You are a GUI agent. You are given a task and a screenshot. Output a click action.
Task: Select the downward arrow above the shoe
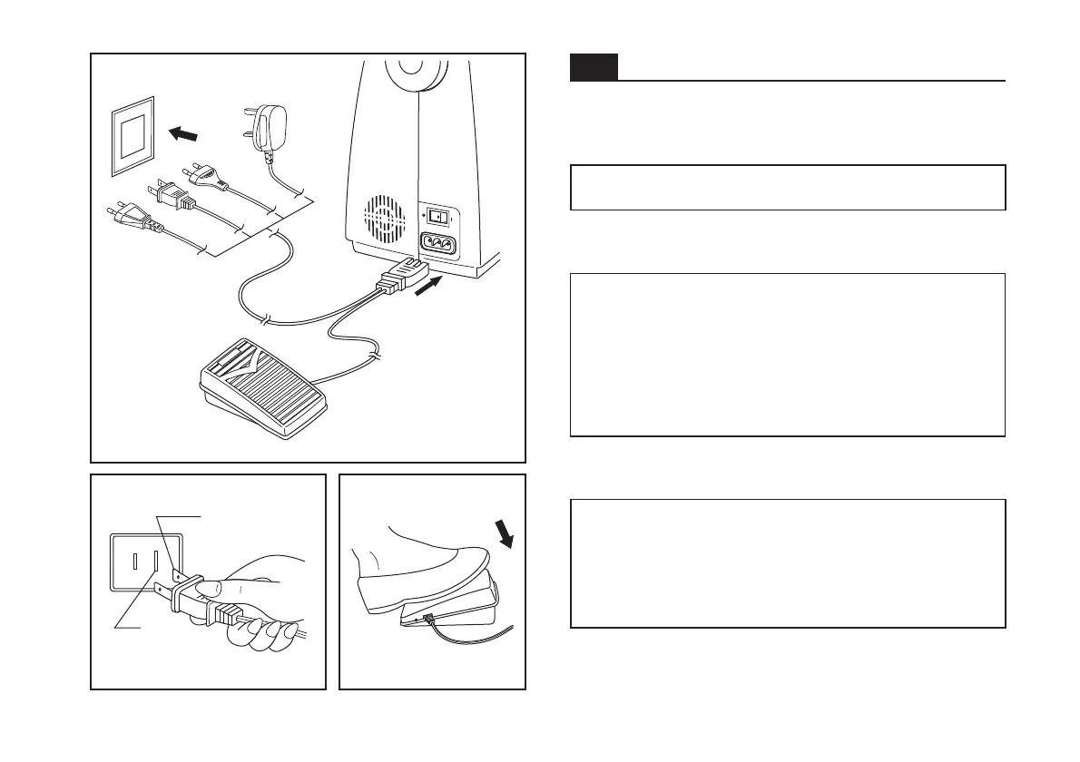tap(504, 534)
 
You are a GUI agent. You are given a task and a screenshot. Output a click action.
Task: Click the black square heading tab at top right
tap(594, 67)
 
